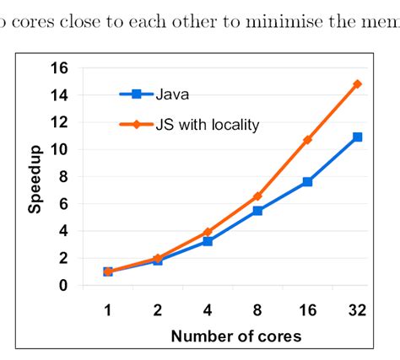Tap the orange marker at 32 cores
[357, 84]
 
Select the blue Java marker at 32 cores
[357, 137]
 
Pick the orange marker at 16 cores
[307, 139]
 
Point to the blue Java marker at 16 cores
[307, 181]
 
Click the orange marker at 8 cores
[257, 196]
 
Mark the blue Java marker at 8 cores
[257, 210]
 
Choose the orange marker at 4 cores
[208, 232]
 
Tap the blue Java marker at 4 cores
[208, 241]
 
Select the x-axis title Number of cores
[235, 336]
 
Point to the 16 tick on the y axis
[60, 68]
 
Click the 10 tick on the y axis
[60, 149]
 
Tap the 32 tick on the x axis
[357, 310]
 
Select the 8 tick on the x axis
[257, 310]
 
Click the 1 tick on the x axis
[108, 310]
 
